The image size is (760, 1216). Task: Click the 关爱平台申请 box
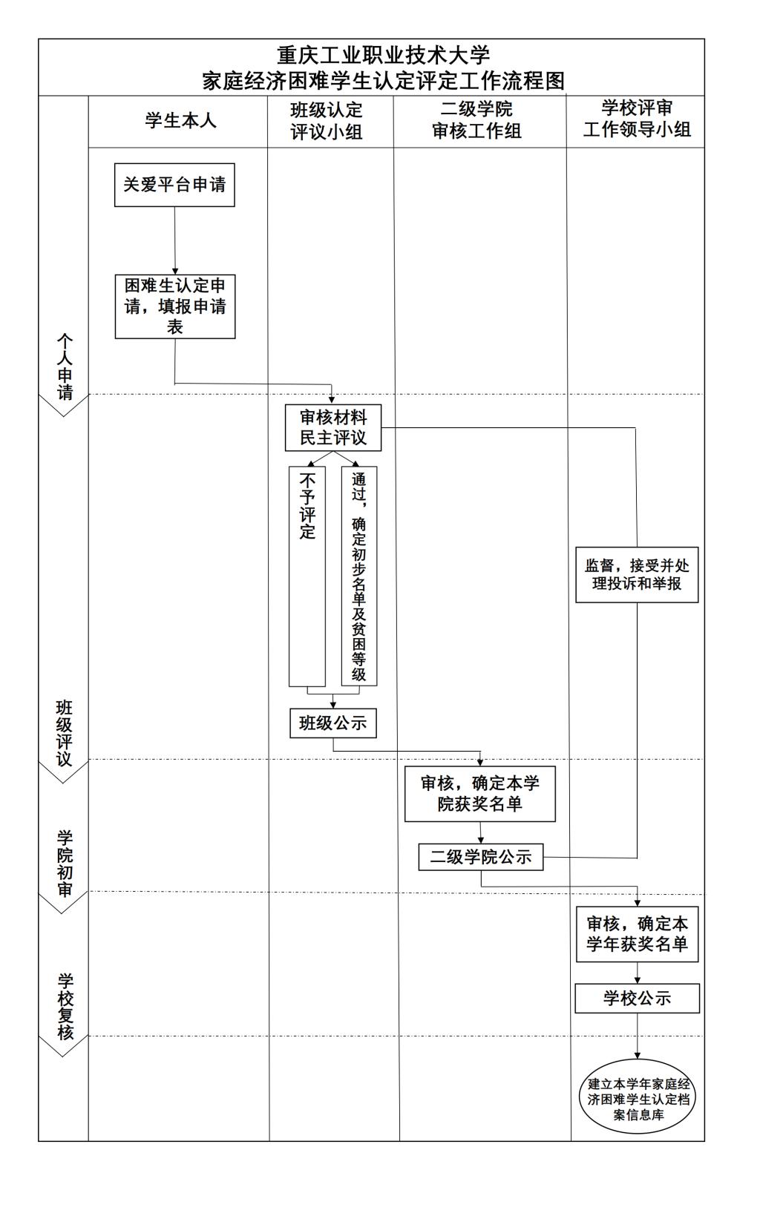pyautogui.click(x=174, y=185)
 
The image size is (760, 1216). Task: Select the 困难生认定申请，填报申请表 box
pyautogui.click(x=175, y=306)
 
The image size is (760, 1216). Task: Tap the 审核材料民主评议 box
pyautogui.click(x=333, y=428)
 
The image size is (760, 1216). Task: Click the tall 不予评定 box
pyautogui.click(x=307, y=576)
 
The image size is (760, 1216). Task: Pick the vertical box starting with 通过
pyautogui.click(x=359, y=576)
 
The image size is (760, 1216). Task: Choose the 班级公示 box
pyautogui.click(x=333, y=723)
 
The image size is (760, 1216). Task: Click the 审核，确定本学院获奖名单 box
pyautogui.click(x=480, y=794)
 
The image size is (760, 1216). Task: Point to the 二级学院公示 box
pyautogui.click(x=481, y=857)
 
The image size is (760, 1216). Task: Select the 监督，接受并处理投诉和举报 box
pyautogui.click(x=637, y=575)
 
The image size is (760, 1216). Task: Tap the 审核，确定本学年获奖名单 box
pyautogui.click(x=638, y=934)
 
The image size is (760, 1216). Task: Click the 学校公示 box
pyautogui.click(x=638, y=999)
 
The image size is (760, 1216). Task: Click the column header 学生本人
pyautogui.click(x=180, y=120)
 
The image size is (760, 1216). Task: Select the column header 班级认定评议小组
pyautogui.click(x=327, y=120)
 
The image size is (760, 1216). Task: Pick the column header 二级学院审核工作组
pyautogui.click(x=477, y=120)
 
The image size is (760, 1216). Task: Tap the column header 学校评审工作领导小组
pyautogui.click(x=637, y=119)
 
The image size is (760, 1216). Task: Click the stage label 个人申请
pyautogui.click(x=65, y=367)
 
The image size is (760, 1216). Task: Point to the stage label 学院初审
pyautogui.click(x=65, y=863)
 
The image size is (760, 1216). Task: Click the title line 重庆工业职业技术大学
pyautogui.click(x=384, y=55)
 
